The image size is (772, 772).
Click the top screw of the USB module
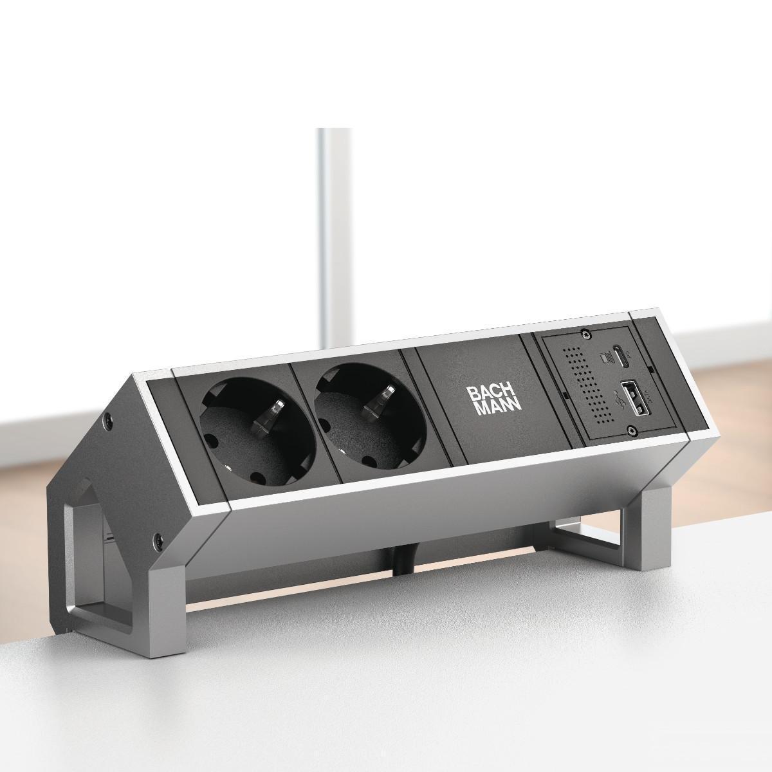[585, 335]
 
